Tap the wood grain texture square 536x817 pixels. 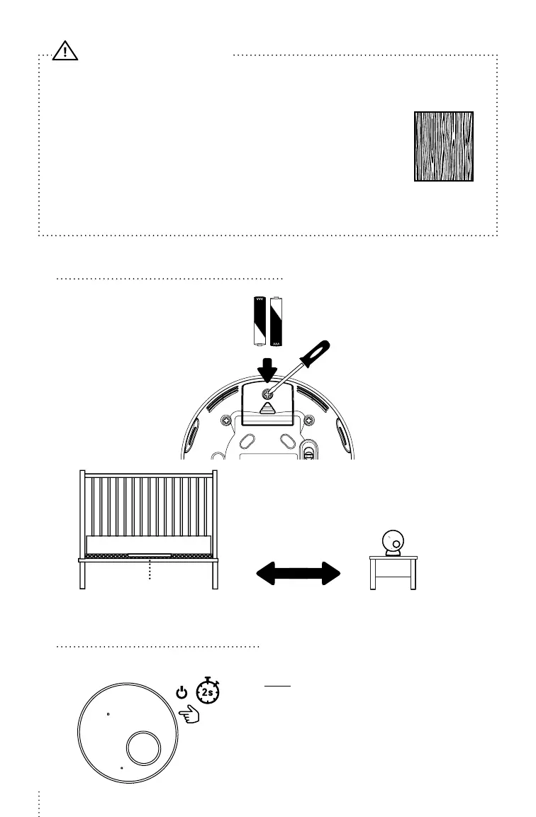(x=444, y=146)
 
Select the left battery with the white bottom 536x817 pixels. (x=259, y=321)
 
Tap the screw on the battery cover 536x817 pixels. (x=268, y=395)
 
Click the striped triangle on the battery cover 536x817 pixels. (x=268, y=409)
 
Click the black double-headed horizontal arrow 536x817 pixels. (x=298, y=573)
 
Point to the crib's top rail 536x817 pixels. (x=149, y=473)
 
